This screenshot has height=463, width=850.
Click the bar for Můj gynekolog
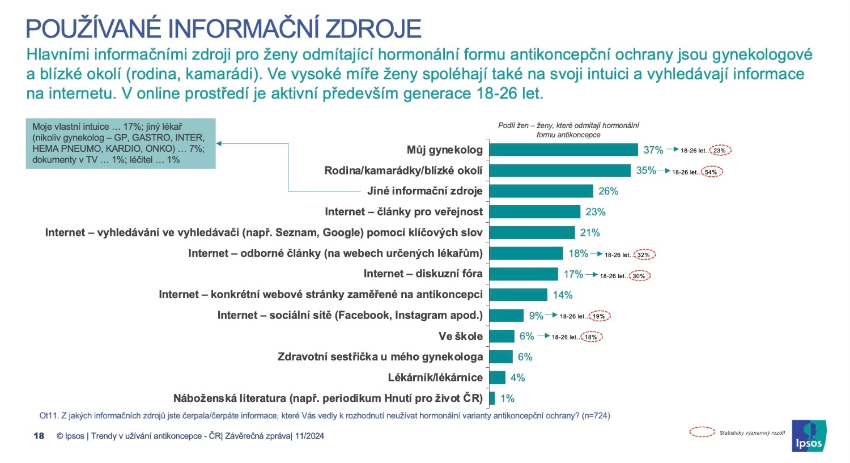pos(563,150)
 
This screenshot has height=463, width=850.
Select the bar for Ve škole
pos(501,336)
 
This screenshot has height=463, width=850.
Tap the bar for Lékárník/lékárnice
pos(497,377)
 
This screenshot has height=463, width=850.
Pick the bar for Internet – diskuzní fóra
pos(524,274)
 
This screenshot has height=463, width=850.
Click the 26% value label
pos(608,192)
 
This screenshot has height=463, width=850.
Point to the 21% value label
pos(590,233)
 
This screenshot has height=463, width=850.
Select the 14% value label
pos(563,295)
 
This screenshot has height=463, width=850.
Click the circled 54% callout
pos(711,172)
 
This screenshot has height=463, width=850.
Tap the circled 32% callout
pos(644,254)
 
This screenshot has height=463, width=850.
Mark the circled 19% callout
pos(599,316)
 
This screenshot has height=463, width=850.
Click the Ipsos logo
pos(809,436)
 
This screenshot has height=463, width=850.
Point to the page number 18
pos(39,436)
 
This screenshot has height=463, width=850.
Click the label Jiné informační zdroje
pos(424,191)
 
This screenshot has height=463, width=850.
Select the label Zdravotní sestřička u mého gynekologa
pos(380,356)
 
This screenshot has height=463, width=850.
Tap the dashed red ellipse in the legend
pos(702,432)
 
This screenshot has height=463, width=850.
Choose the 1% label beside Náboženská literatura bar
pos(507,398)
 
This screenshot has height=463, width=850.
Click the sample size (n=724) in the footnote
pos(596,415)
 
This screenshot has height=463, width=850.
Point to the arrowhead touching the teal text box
pos(219,143)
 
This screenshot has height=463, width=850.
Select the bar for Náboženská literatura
pos(492,398)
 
